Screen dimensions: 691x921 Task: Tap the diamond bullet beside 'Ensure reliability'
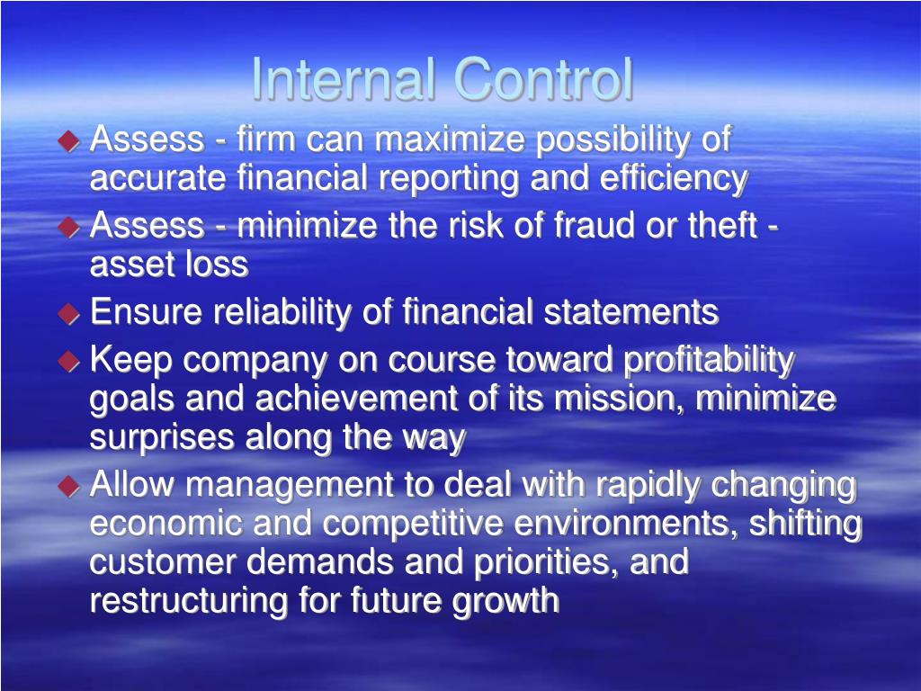click(x=69, y=314)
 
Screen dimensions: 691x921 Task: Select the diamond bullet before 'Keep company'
click(x=69, y=362)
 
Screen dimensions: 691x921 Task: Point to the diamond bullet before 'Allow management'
click(x=69, y=487)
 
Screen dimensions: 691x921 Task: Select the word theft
click(x=721, y=226)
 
